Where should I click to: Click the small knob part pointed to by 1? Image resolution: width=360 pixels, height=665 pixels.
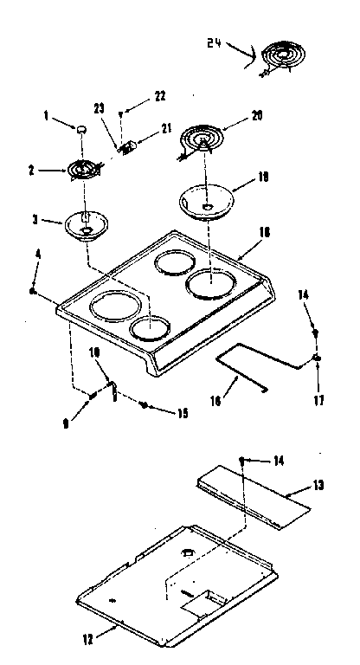click(x=81, y=129)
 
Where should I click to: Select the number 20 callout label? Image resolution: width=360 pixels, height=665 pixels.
click(x=256, y=115)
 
